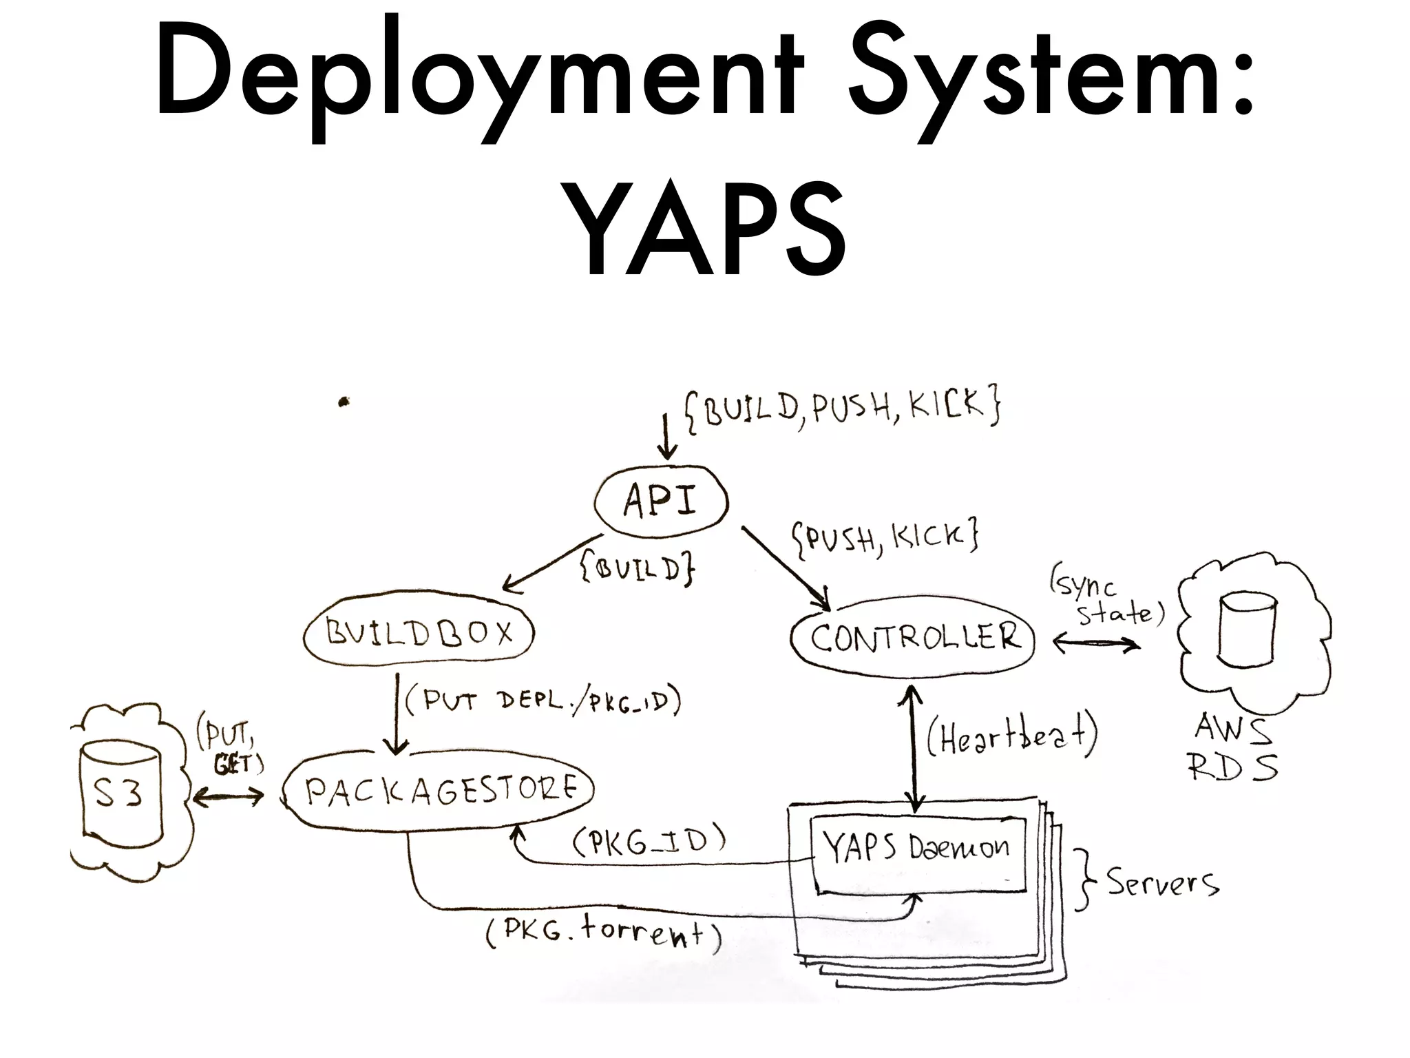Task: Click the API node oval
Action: coord(661,501)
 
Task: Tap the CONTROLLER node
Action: coord(914,637)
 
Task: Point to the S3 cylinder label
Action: coord(118,793)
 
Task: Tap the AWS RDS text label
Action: coord(1234,747)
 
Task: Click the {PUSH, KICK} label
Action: coord(885,539)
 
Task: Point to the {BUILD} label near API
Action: coord(638,569)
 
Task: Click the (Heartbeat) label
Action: coord(1011,738)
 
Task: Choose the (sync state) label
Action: coord(1105,599)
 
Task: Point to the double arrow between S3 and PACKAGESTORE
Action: coord(228,798)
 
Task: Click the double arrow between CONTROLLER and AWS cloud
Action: coord(1096,644)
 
